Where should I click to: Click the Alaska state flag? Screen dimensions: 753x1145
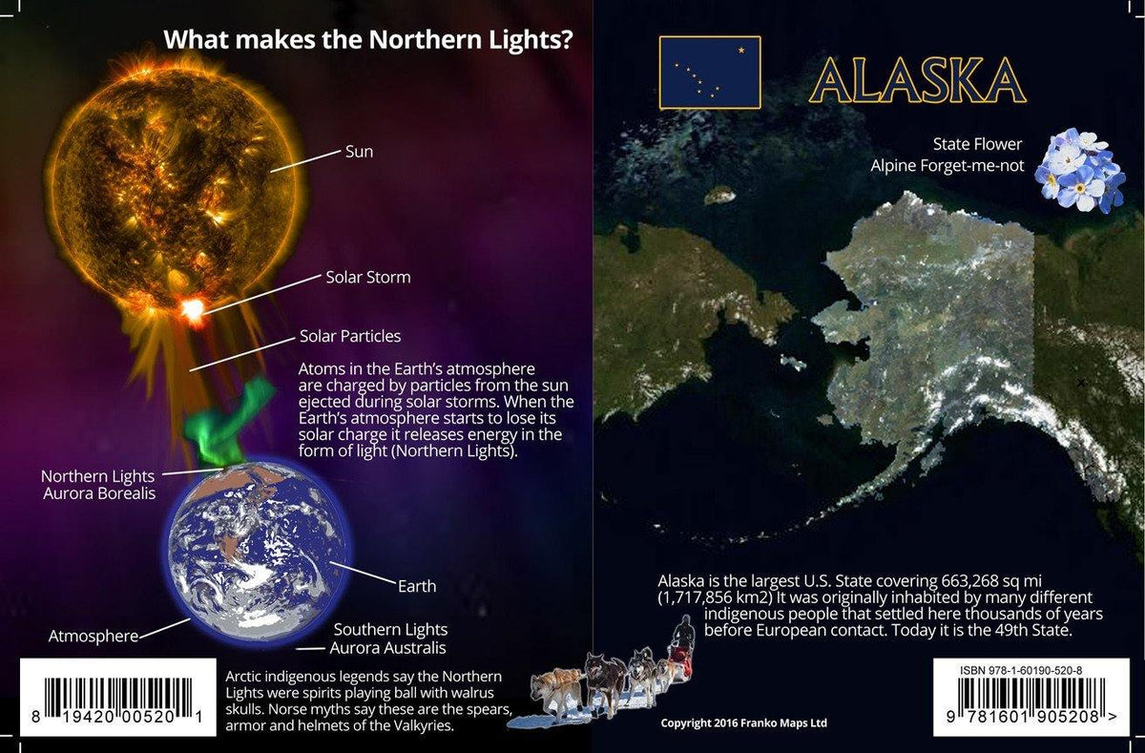tap(709, 73)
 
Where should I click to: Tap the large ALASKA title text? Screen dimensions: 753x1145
tap(916, 79)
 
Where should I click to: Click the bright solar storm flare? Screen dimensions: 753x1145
tap(193, 309)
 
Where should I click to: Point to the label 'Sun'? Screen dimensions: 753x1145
tap(359, 152)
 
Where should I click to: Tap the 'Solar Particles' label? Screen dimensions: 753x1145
tap(350, 336)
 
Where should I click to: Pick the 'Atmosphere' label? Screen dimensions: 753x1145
tap(94, 636)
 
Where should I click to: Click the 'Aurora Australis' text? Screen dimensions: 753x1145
tap(387, 649)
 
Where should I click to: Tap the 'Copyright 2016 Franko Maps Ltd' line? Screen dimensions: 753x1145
tap(744, 723)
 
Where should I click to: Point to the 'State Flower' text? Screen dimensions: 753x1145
tap(977, 144)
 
